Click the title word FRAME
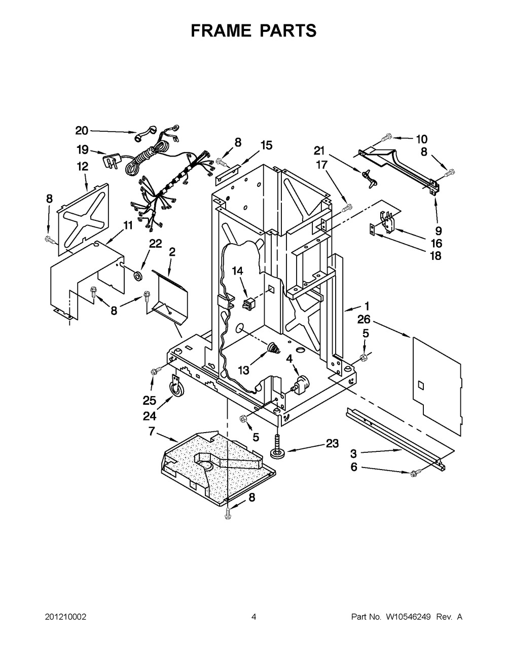pyautogui.click(x=221, y=31)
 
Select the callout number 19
pyautogui.click(x=82, y=149)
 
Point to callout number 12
pyautogui.click(x=82, y=166)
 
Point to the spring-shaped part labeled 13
pyautogui.click(x=274, y=349)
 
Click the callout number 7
pyautogui.click(x=151, y=432)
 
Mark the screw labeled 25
pyautogui.click(x=155, y=372)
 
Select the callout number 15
pyautogui.click(x=266, y=145)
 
